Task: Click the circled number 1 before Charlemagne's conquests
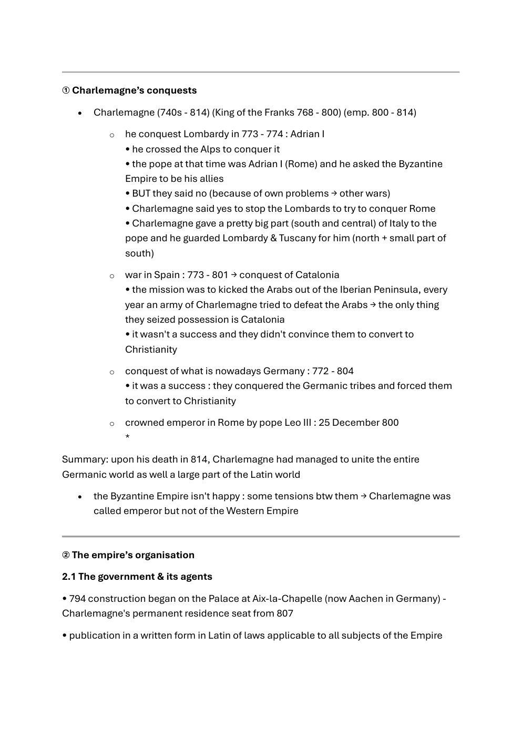click(x=66, y=90)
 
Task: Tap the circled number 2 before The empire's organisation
click(x=66, y=555)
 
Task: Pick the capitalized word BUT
click(x=141, y=193)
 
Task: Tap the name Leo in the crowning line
click(x=293, y=423)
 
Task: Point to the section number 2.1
click(x=69, y=577)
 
